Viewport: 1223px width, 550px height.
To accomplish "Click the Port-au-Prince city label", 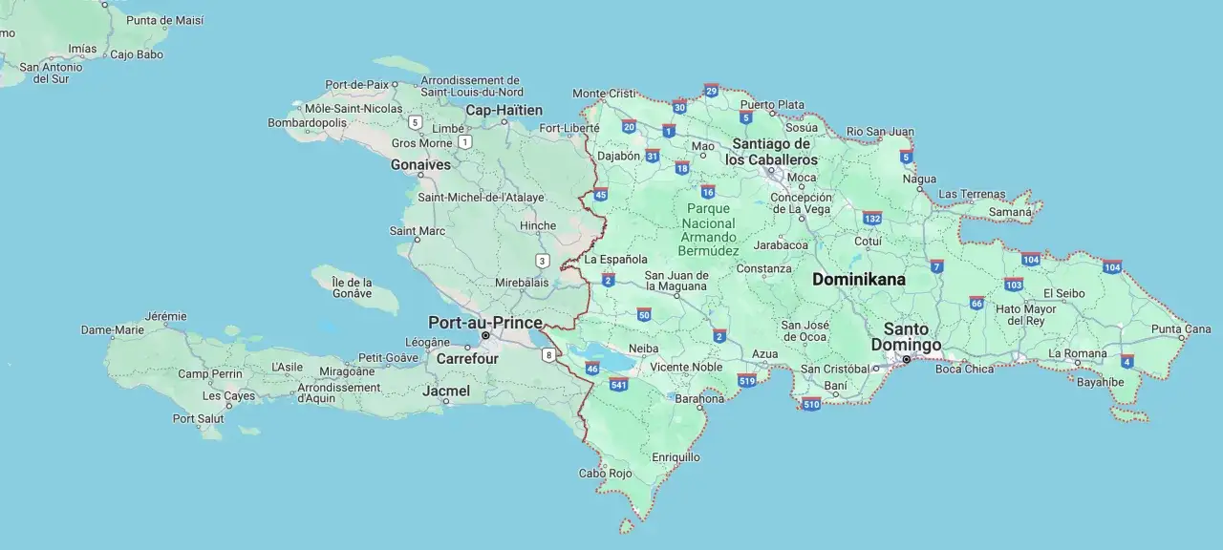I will pyautogui.click(x=485, y=322).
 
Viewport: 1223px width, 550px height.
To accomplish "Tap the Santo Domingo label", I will pyautogui.click(x=906, y=337).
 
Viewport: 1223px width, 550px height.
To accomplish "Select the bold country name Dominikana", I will pyautogui.click(x=858, y=280).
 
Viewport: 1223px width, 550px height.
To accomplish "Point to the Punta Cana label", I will pyautogui.click(x=1181, y=329).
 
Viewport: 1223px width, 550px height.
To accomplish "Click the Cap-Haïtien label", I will pyautogui.click(x=504, y=111).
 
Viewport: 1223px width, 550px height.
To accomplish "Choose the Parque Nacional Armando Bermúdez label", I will pyautogui.click(x=709, y=229).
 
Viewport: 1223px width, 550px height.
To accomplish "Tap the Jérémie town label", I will pyautogui.click(x=165, y=316).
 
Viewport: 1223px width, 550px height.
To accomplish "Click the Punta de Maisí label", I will pyautogui.click(x=164, y=20).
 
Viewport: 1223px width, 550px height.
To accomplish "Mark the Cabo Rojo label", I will pyautogui.click(x=605, y=473).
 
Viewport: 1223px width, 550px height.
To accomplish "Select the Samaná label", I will pyautogui.click(x=1009, y=211).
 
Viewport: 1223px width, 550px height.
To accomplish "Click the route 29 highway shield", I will pyautogui.click(x=711, y=91).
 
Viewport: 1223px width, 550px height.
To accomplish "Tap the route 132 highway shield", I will pyautogui.click(x=871, y=218).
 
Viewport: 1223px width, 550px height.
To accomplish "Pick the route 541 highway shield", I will pyautogui.click(x=618, y=384).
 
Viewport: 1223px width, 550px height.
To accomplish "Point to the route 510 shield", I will pyautogui.click(x=811, y=403).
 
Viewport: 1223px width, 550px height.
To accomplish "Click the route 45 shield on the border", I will pyautogui.click(x=600, y=195).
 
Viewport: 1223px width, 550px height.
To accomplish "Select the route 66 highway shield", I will pyautogui.click(x=976, y=303).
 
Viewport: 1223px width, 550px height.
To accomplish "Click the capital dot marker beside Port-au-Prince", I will pyautogui.click(x=485, y=336).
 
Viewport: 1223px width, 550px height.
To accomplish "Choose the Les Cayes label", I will pyautogui.click(x=228, y=395).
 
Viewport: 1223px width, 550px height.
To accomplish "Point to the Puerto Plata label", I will pyautogui.click(x=772, y=104).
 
